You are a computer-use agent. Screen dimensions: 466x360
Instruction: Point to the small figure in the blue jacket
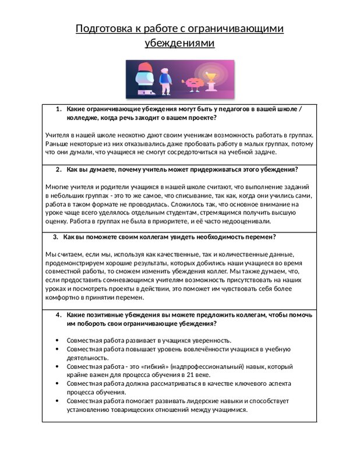[x=165, y=81]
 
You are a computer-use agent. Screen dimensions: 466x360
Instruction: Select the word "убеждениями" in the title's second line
[x=179, y=43]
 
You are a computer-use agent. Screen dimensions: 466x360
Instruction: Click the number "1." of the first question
[x=59, y=109]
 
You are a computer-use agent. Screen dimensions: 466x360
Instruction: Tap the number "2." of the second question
[x=59, y=170]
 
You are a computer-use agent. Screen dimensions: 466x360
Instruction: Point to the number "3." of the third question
[x=55, y=237]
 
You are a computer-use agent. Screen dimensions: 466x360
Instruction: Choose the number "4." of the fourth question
[x=59, y=315]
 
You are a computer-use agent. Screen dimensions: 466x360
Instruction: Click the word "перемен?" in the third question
[x=259, y=237]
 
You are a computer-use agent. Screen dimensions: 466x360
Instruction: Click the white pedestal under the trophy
[x=210, y=88]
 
